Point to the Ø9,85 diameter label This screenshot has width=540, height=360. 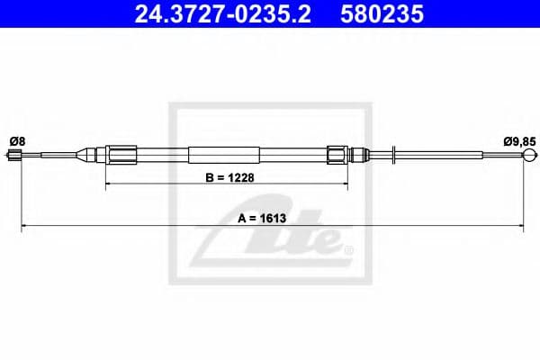519,139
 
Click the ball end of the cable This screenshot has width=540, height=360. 526,156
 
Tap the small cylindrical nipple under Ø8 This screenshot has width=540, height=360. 13,156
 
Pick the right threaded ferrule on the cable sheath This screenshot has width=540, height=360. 337,155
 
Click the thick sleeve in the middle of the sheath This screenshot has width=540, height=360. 224,155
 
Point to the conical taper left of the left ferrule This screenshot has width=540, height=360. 92,155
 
